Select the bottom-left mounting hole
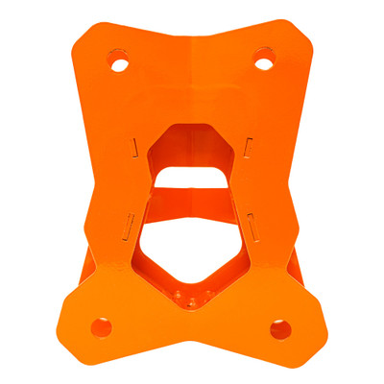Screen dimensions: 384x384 tap(101, 327)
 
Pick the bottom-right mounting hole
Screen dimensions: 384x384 tap(280, 329)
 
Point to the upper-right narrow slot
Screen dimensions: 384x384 tap(249, 145)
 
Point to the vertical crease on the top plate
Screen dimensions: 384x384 tap(193, 77)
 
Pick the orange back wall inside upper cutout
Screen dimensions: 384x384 tap(192, 144)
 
